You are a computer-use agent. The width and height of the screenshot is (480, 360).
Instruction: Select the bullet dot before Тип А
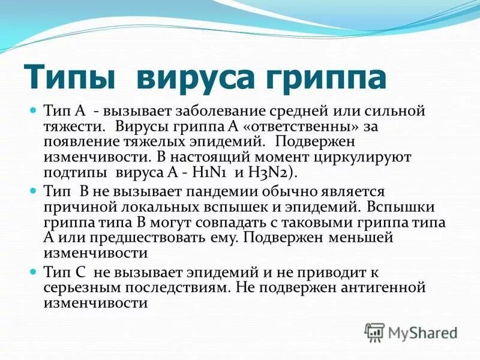tap(34, 111)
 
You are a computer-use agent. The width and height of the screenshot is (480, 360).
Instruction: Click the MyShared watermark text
tap(423, 332)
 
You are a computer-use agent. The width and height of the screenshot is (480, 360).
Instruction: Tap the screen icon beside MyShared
tap(374, 331)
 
